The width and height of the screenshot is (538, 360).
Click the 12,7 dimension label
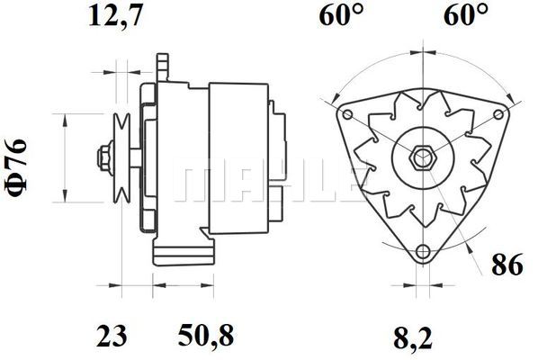click(x=115, y=16)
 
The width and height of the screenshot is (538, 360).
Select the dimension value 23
click(x=112, y=337)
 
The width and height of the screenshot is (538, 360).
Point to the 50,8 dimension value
click(x=206, y=337)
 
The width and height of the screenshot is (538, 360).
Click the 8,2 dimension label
click(x=413, y=338)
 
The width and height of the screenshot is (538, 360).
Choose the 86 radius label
click(x=507, y=265)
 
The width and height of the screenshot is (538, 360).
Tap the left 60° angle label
click(x=341, y=16)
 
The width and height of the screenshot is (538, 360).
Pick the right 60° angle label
click(x=466, y=16)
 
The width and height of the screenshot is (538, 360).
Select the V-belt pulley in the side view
click(x=121, y=157)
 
